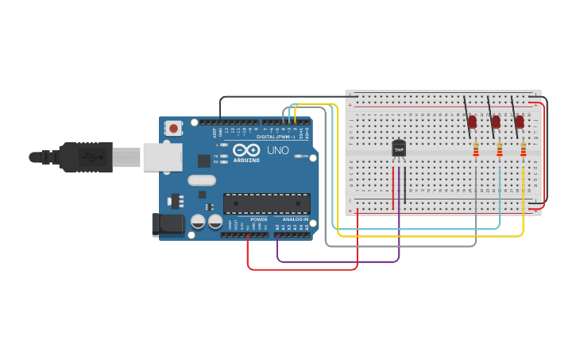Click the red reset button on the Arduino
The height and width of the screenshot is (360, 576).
pyautogui.click(x=173, y=127)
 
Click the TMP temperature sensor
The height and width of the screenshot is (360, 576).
pyautogui.click(x=399, y=149)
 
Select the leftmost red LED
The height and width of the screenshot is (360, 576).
pyautogui.click(x=472, y=122)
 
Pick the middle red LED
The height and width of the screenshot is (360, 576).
pyautogui.click(x=496, y=122)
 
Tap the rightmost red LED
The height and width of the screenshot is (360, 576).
pyautogui.click(x=520, y=122)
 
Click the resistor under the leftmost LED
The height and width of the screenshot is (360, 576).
pyautogui.click(x=476, y=150)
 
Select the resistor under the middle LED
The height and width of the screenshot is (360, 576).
pyautogui.click(x=500, y=150)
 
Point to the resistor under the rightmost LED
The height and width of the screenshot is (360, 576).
pyautogui.click(x=524, y=150)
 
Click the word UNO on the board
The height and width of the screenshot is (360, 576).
pyautogui.click(x=277, y=150)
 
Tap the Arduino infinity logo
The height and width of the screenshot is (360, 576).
pyautogui.click(x=246, y=150)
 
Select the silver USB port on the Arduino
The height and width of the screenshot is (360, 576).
pyautogui.click(x=162, y=157)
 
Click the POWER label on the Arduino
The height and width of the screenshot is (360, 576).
pyautogui.click(x=259, y=219)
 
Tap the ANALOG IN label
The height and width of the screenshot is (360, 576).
pyautogui.click(x=295, y=219)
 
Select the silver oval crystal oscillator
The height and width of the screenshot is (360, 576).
pyautogui.click(x=202, y=180)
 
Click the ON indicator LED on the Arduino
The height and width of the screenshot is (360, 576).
pyautogui.click(x=298, y=157)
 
